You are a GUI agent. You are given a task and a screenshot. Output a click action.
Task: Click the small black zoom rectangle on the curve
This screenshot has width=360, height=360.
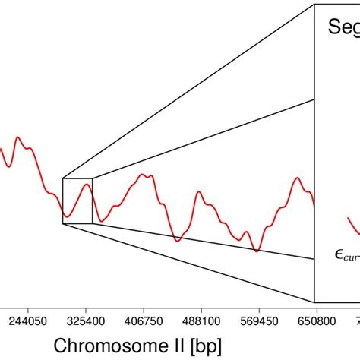pyautogui.click(x=77, y=201)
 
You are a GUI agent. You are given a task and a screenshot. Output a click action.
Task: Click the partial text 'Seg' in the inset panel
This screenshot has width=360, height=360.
pyautogui.click(x=343, y=28)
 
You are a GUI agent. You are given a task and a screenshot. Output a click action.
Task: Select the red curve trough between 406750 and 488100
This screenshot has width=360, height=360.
pyautogui.click(x=177, y=241)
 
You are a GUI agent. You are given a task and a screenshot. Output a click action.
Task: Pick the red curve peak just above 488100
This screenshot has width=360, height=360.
pyautogui.click(x=199, y=192)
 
